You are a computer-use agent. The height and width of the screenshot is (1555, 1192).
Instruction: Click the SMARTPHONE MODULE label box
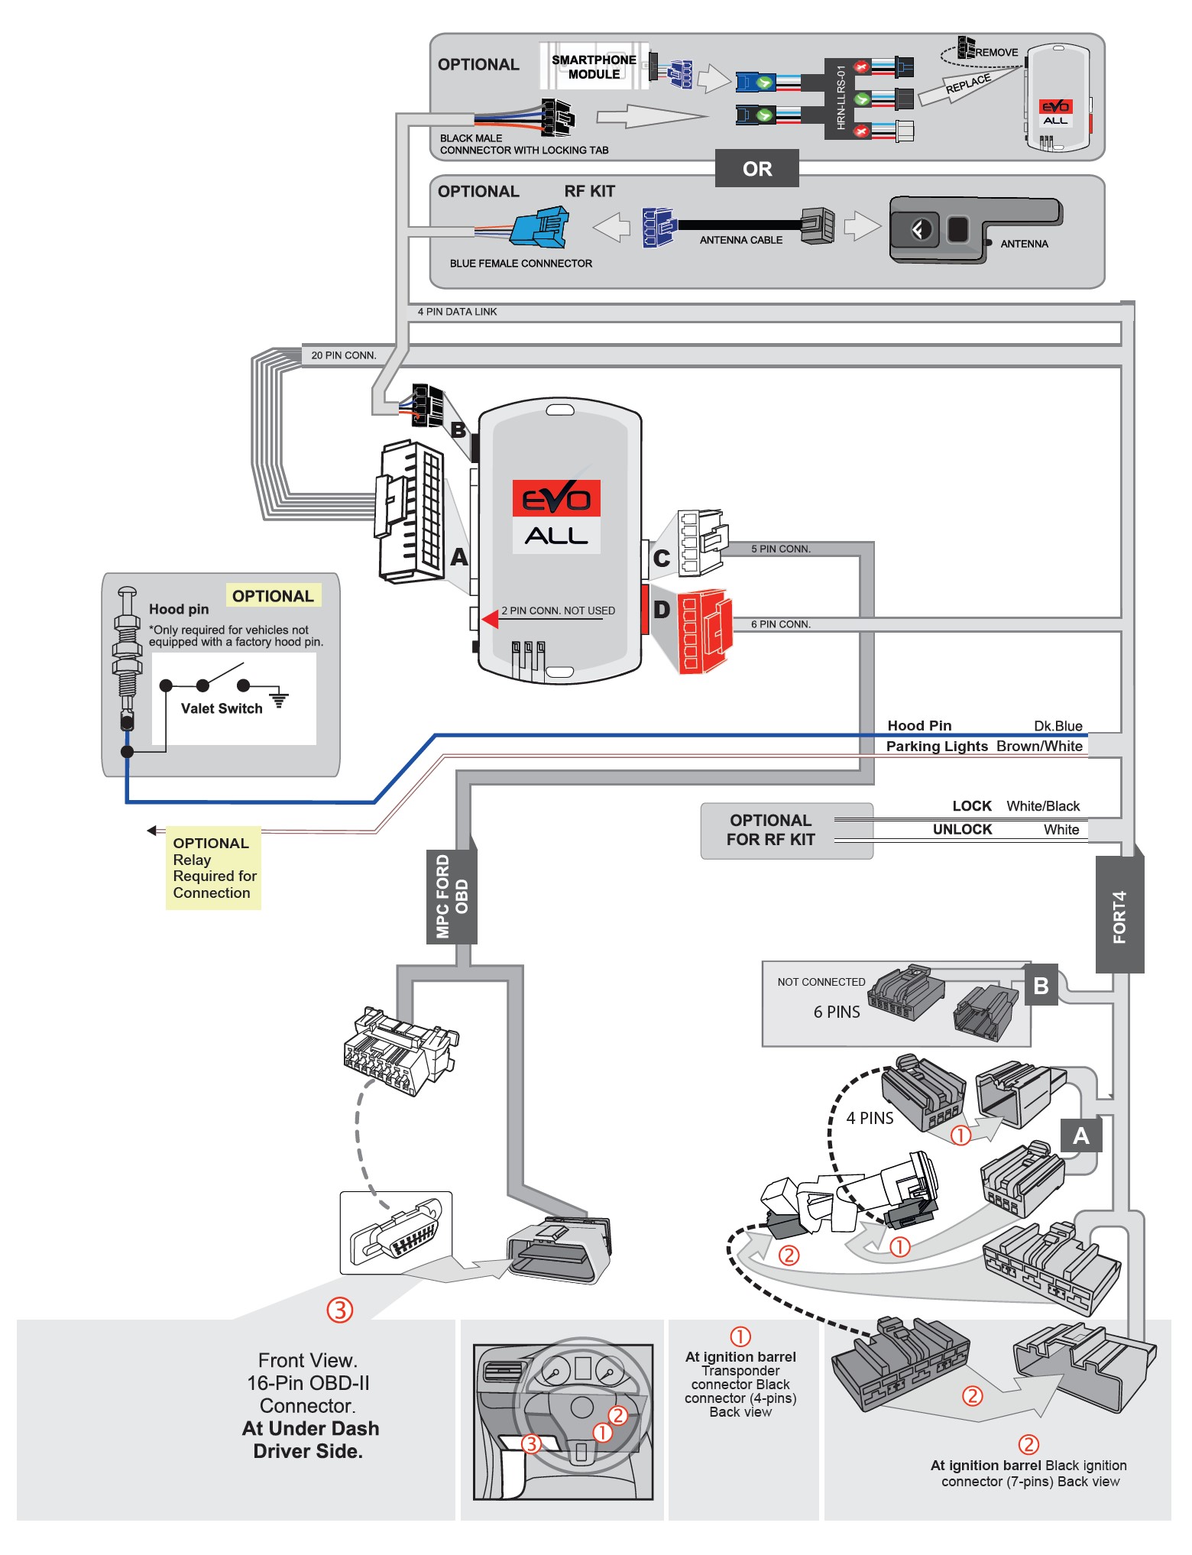594,66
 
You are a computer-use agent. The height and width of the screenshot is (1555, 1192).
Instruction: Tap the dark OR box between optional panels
756,169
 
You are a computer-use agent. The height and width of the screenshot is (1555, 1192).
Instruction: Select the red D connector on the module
704,631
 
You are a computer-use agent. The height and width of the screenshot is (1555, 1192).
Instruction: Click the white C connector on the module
700,543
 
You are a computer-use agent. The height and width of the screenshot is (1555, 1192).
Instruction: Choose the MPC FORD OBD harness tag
452,896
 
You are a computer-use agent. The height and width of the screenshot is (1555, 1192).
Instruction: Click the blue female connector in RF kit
539,228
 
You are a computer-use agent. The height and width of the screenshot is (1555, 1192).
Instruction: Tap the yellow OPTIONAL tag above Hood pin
273,596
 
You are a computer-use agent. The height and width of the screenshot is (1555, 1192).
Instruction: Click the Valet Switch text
222,708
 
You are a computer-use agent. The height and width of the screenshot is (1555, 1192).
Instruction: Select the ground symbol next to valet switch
280,698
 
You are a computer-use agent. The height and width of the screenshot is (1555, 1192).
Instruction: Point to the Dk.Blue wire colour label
1058,726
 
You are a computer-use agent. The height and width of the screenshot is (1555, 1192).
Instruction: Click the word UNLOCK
962,829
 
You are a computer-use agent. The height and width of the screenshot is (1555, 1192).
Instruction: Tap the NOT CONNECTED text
821,982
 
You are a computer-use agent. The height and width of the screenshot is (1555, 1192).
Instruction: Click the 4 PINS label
870,1118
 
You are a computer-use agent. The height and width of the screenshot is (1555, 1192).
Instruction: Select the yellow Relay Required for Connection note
213,868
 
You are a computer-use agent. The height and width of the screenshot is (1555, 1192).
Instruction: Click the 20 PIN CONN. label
344,355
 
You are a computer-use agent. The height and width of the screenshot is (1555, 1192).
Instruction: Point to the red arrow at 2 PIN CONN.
490,618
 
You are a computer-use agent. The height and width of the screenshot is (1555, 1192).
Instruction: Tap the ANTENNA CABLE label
740,240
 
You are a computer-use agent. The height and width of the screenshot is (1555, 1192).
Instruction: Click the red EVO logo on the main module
556,499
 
